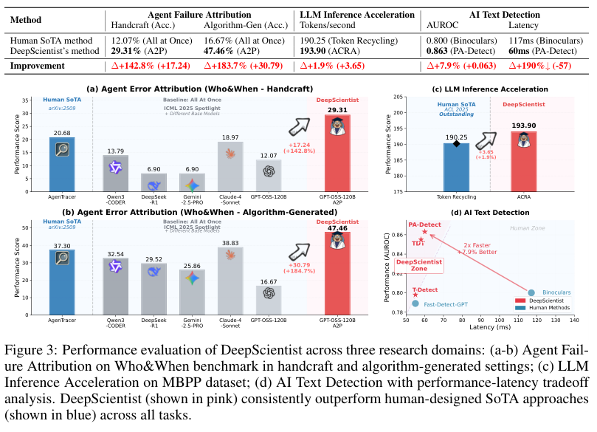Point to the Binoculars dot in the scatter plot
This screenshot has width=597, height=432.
click(x=531, y=292)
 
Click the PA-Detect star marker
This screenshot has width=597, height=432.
click(x=425, y=232)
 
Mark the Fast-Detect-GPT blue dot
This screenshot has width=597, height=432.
click(x=415, y=304)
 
